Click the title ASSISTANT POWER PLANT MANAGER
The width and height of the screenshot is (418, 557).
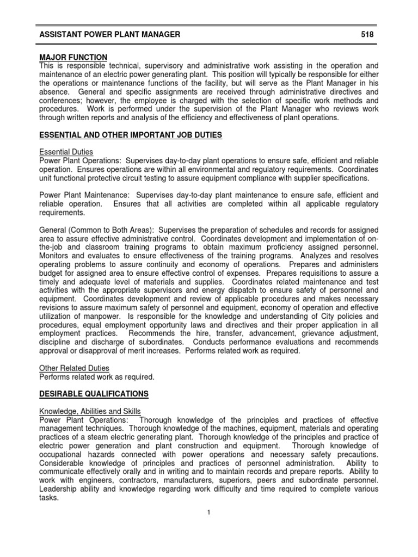[x=109, y=35]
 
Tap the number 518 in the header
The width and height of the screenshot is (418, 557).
[x=368, y=35]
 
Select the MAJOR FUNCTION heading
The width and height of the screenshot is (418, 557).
[x=73, y=57]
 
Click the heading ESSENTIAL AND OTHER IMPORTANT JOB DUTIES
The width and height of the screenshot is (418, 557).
[x=131, y=135]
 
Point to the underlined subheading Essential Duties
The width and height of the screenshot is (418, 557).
[x=66, y=152]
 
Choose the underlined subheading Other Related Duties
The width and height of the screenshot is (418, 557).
[x=75, y=368]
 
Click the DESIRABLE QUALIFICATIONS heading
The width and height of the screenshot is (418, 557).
[x=94, y=393]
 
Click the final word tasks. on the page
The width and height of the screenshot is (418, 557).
[x=48, y=497]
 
